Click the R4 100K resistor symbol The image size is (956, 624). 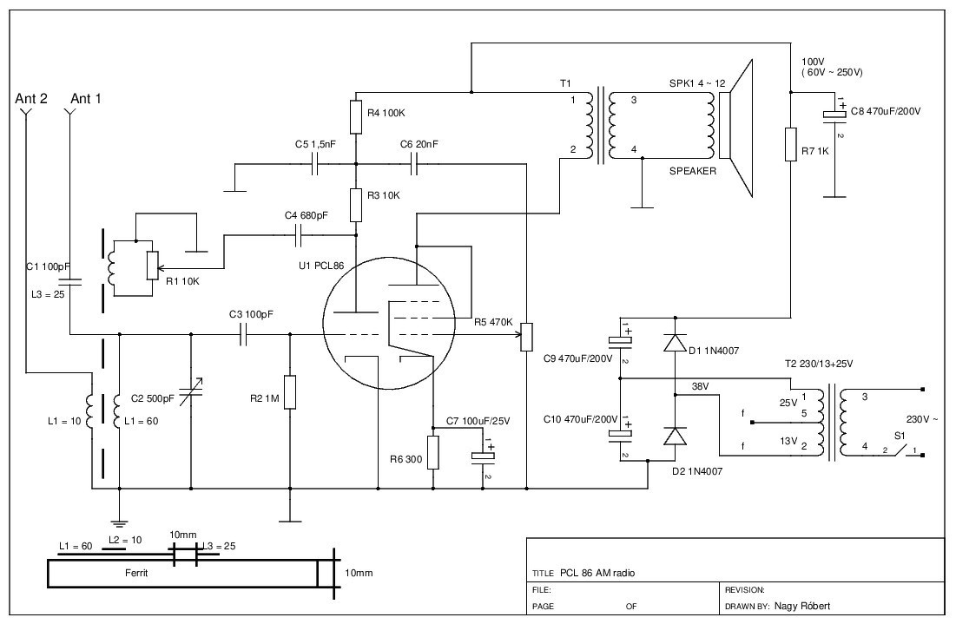tap(356, 117)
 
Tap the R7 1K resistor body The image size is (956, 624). tap(791, 144)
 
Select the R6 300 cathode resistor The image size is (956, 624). tap(433, 453)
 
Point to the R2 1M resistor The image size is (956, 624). tap(290, 392)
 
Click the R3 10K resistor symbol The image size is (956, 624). tap(356, 206)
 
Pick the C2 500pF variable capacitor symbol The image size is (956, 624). tap(191, 391)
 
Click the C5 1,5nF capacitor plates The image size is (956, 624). tap(314, 164)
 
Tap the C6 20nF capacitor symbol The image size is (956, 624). tap(414, 164)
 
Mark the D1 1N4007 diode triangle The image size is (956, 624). tap(675, 343)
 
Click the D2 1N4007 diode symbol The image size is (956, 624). tap(675, 437)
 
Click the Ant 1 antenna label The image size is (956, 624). tap(86, 99)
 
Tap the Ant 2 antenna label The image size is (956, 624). tap(31, 99)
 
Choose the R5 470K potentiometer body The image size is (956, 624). tap(526, 337)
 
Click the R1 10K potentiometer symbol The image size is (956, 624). tap(153, 266)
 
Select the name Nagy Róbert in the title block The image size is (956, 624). tap(801, 607)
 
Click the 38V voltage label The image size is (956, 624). tap(702, 386)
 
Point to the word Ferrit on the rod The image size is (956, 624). tap(136, 573)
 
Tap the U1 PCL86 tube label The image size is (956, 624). tap(321, 266)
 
